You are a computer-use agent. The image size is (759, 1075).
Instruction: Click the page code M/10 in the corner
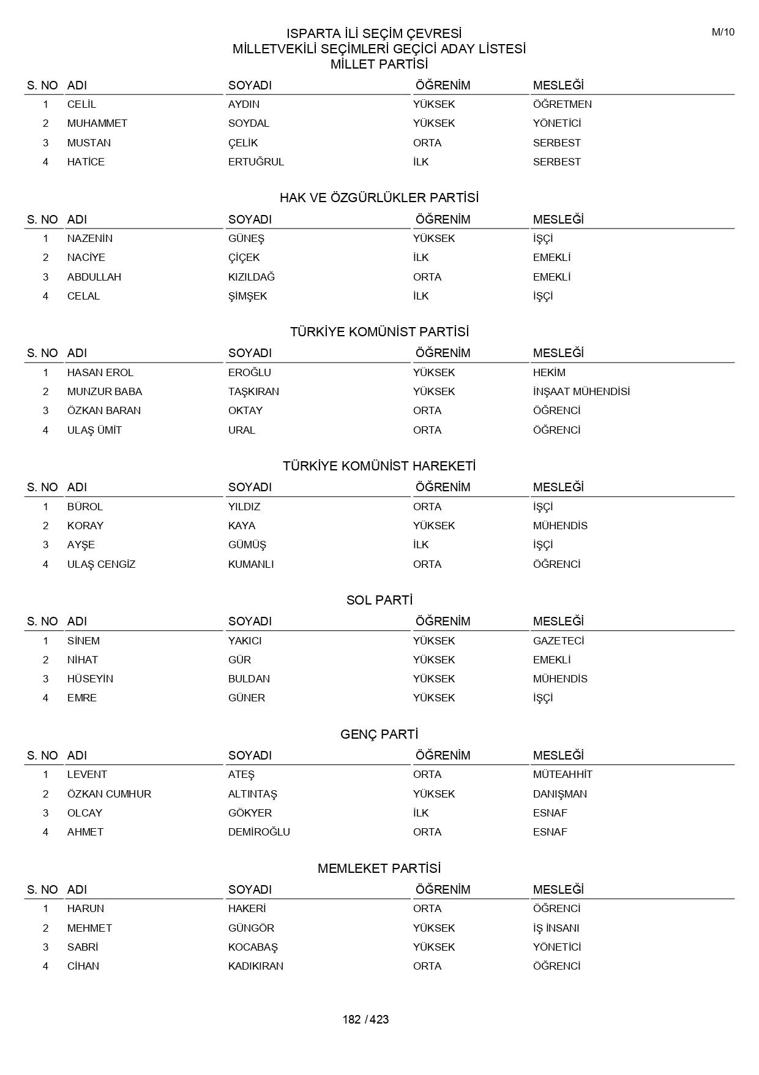[x=722, y=32]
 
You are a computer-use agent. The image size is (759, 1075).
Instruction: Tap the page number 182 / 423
[x=365, y=1019]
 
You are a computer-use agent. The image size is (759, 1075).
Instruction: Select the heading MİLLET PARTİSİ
[x=379, y=64]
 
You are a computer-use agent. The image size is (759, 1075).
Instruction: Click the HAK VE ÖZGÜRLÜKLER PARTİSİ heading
[x=379, y=198]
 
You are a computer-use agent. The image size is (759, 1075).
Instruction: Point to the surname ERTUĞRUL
[x=256, y=162]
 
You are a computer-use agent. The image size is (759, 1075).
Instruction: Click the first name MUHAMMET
[x=97, y=123]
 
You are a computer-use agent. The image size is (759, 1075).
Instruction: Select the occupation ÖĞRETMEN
[x=562, y=104]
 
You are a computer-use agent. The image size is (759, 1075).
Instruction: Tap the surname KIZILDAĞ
[x=252, y=277]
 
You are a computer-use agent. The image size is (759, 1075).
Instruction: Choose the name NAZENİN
[x=90, y=238]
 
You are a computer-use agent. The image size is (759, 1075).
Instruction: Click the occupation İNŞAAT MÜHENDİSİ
[x=581, y=391]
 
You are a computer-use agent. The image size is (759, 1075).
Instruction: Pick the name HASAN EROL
[x=100, y=372]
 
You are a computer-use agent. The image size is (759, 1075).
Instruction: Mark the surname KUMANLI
[x=251, y=564]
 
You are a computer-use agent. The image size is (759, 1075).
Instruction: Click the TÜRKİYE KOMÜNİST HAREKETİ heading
[x=379, y=466]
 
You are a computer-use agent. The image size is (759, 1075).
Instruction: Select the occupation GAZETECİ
[x=558, y=641]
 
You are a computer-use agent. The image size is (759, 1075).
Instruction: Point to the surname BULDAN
[x=249, y=679]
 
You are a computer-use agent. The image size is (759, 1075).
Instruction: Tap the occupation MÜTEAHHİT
[x=563, y=774]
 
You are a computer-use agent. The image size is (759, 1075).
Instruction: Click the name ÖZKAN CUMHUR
[x=109, y=794]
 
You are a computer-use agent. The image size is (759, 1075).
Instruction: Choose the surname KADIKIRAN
[x=256, y=966]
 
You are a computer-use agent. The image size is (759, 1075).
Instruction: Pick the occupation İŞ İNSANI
[x=556, y=928]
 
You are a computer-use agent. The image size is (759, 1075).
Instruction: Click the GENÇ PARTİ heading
[x=379, y=734]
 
